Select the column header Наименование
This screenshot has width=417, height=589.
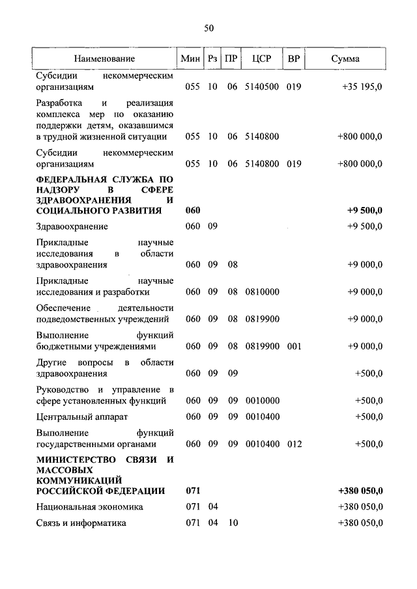pos(104,59)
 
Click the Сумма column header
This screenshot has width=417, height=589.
pos(345,59)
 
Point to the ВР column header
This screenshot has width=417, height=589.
pos(294,59)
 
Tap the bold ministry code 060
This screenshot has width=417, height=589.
pos(193,211)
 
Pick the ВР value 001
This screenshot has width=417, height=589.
pos(294,346)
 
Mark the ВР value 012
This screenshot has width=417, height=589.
pos(294,444)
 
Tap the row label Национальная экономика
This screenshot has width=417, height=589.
pos(89,507)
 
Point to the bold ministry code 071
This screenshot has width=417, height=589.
pos(193,491)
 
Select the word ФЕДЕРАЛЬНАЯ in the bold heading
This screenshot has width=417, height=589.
pos(71,178)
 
